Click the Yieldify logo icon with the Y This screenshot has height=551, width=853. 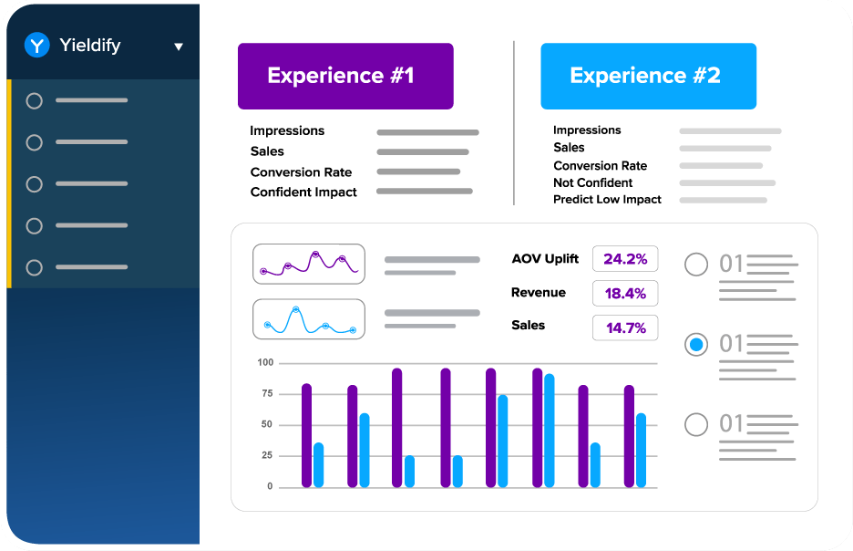(36, 45)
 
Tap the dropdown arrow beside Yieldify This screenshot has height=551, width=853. (179, 47)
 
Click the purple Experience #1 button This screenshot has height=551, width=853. (345, 76)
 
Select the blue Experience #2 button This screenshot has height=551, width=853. (648, 76)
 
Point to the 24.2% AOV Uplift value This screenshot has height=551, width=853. (625, 259)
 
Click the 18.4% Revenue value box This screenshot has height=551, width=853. (625, 293)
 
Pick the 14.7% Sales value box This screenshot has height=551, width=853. (625, 327)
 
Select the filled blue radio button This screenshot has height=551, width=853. (696, 345)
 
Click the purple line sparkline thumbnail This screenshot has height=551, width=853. (308, 264)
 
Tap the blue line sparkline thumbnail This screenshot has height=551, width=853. (308, 319)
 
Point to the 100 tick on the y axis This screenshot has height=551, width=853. (265, 363)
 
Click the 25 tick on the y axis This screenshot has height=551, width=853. (267, 455)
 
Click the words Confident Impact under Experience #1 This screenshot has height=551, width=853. (303, 192)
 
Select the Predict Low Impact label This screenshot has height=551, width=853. (607, 200)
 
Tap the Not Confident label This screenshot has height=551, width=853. (592, 182)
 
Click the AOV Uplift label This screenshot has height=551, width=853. (545, 259)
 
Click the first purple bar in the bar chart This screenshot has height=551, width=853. (307, 435)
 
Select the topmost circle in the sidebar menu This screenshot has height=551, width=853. (35, 101)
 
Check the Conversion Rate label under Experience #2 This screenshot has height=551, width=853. (600, 166)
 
